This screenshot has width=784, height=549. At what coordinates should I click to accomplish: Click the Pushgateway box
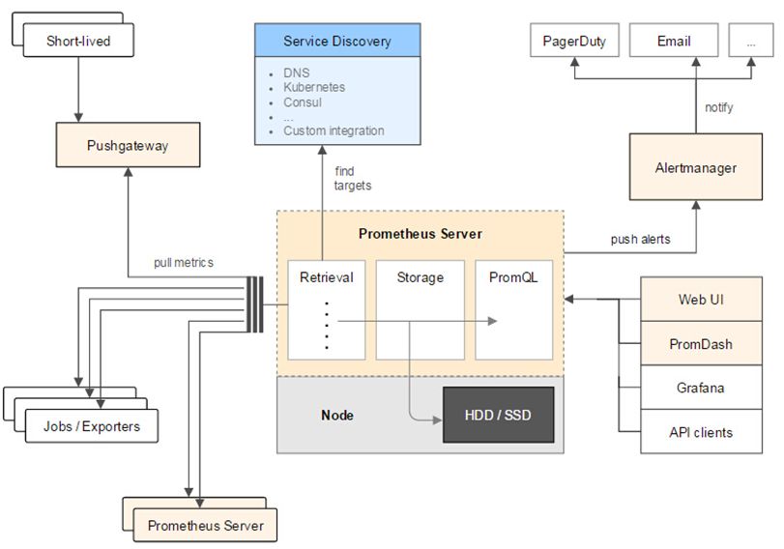pyautogui.click(x=128, y=146)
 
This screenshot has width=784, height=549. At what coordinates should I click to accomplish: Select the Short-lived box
pyautogui.click(x=77, y=42)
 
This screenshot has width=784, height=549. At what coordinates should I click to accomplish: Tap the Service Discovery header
pyautogui.click(x=337, y=42)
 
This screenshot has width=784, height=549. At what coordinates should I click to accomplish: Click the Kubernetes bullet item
pyautogui.click(x=314, y=87)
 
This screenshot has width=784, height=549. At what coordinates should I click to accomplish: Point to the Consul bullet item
pyautogui.click(x=303, y=101)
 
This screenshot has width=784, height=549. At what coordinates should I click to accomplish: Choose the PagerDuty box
pyautogui.click(x=573, y=42)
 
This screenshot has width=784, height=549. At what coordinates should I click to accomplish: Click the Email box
pyautogui.click(x=673, y=42)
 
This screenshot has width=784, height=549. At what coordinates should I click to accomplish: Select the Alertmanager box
pyautogui.click(x=695, y=168)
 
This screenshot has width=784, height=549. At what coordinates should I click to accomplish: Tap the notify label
pyautogui.click(x=718, y=107)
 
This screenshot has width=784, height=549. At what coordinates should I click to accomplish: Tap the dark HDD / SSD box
pyautogui.click(x=498, y=415)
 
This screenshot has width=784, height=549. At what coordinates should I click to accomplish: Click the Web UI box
pyautogui.click(x=700, y=300)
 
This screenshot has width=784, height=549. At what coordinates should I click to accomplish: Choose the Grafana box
pyautogui.click(x=700, y=389)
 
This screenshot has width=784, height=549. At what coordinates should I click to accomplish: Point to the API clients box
pyautogui.click(x=700, y=432)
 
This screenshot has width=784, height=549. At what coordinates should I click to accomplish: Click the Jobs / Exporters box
pyautogui.click(x=91, y=426)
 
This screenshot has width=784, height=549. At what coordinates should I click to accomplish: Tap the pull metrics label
pyautogui.click(x=184, y=262)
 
